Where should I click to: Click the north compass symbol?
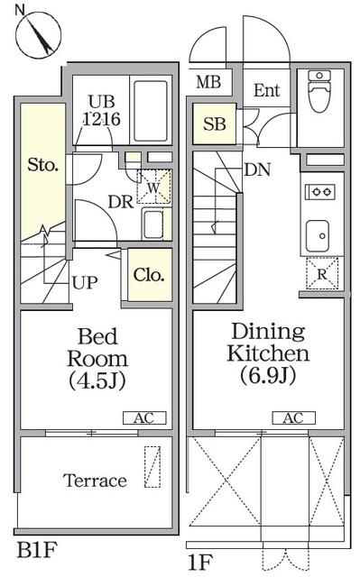(38, 34)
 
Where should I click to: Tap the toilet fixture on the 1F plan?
(319, 91)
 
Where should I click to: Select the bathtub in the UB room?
(150, 111)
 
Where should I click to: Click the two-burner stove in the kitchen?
(320, 192)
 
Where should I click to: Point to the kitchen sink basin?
(318, 235)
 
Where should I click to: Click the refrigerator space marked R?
(322, 273)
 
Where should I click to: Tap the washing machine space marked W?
(154, 187)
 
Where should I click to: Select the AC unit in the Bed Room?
(144, 418)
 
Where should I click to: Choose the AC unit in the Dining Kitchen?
(293, 418)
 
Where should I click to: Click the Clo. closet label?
(149, 275)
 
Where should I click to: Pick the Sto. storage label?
(43, 165)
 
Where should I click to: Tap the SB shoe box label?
(215, 124)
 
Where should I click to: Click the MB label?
(208, 82)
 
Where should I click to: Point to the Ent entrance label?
(267, 90)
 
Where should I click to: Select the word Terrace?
(95, 481)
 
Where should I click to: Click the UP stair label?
(85, 282)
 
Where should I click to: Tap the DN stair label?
(257, 169)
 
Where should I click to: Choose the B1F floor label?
(37, 550)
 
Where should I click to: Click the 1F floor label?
(200, 562)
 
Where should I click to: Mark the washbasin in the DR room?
(154, 224)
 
